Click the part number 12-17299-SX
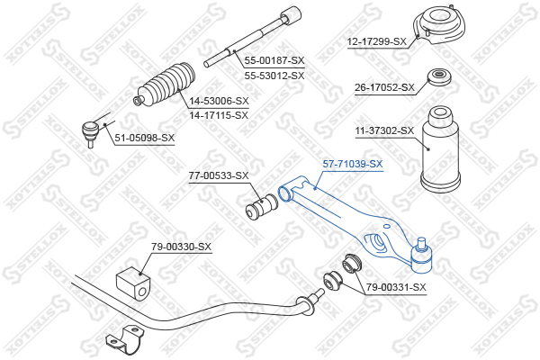377,42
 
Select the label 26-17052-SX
384,87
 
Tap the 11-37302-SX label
384,130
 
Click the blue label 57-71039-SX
353,164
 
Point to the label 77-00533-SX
219,175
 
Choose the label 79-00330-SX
181,247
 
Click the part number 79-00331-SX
396,287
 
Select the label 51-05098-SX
145,138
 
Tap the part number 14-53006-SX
219,101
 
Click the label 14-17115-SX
219,115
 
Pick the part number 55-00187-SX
274,60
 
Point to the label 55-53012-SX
274,76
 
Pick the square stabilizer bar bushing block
133,283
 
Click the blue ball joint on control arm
421,256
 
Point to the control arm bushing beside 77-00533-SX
262,207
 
